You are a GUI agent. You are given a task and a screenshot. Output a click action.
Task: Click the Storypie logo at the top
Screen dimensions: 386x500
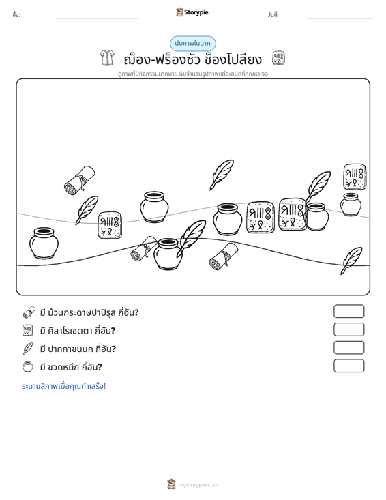192,12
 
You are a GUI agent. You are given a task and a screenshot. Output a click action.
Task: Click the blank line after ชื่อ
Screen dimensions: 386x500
97,18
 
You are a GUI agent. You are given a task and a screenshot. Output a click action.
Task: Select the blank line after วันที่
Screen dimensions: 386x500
340,18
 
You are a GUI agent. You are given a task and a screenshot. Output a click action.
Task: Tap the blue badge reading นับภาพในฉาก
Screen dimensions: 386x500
192,44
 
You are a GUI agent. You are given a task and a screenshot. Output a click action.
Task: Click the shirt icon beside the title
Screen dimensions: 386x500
107,58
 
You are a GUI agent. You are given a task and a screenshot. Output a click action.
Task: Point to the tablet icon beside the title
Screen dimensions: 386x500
278,58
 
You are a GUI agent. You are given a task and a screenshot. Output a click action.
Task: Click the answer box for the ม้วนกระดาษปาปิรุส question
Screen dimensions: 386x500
348,311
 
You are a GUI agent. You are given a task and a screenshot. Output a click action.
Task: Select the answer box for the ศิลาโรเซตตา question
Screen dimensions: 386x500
348,329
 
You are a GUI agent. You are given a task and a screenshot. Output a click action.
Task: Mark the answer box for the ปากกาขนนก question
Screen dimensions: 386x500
348,348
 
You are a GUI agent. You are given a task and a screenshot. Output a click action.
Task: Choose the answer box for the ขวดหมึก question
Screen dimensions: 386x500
348,366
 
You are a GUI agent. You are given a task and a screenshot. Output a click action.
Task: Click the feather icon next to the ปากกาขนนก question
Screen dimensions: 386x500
28,349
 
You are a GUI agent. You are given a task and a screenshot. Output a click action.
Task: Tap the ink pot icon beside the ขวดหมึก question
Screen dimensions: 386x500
28,366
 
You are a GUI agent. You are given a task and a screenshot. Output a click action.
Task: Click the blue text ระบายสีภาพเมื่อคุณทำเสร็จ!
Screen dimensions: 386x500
63,386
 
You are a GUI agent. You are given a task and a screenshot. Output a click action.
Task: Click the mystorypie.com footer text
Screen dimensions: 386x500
198,485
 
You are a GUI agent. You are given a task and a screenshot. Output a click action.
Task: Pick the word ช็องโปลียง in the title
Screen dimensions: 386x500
233,59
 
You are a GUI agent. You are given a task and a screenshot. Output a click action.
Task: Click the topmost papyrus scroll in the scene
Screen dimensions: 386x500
80,180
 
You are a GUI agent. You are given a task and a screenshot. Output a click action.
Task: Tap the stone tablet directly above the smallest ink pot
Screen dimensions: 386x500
355,177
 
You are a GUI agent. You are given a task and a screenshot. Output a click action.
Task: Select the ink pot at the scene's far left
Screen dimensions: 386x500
44,243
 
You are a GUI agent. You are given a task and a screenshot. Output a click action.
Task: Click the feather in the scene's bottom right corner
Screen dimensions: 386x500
351,261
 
